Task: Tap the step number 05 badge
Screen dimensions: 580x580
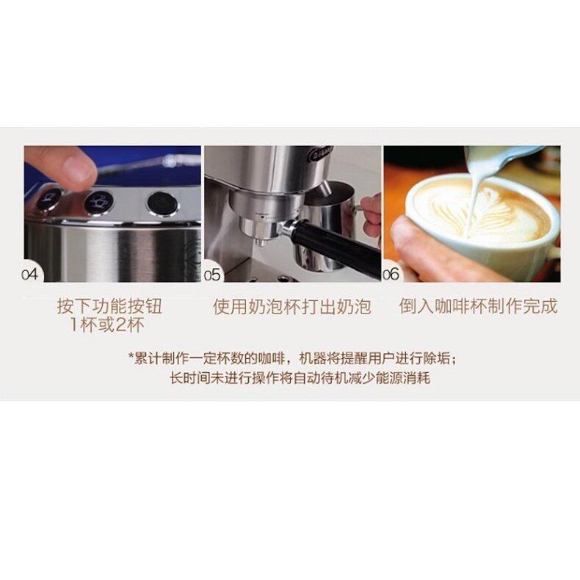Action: (x=213, y=275)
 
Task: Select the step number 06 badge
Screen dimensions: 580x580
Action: (x=391, y=275)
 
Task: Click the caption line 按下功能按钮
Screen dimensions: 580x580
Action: (x=109, y=306)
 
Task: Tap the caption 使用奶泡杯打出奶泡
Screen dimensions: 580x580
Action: (x=292, y=306)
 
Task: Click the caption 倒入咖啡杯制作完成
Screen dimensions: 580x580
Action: (x=478, y=306)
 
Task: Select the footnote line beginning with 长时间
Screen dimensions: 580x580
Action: (x=289, y=380)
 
